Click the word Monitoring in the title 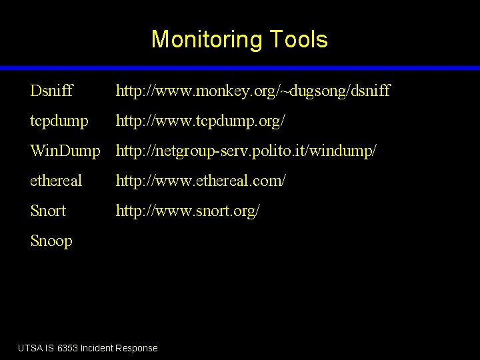pos(207,39)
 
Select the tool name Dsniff pos(51,90)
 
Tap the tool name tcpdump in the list pos(59,121)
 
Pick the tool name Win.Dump pos(65,151)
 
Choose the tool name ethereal pos(56,181)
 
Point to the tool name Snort pos(48,211)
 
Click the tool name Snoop pos(51,241)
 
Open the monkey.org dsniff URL pos(253,90)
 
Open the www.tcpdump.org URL pos(202,121)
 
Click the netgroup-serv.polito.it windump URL pos(246,151)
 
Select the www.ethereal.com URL pos(201,181)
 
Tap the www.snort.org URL pos(188,211)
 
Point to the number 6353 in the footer pos(67,348)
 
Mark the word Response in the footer pos(137,348)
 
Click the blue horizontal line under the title pos(240,68)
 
